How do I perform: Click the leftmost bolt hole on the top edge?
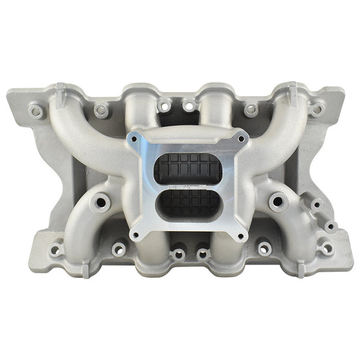click(x=36, y=110)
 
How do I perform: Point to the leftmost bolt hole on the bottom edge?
click(x=56, y=249)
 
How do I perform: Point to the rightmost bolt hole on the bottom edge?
click(x=326, y=247)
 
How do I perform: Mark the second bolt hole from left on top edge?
click(x=102, y=110)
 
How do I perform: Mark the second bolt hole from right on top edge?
click(x=251, y=109)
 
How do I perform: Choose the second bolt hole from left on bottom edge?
click(x=119, y=248)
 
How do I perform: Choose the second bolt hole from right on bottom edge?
click(x=264, y=247)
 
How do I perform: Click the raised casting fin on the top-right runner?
click(x=292, y=92)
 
